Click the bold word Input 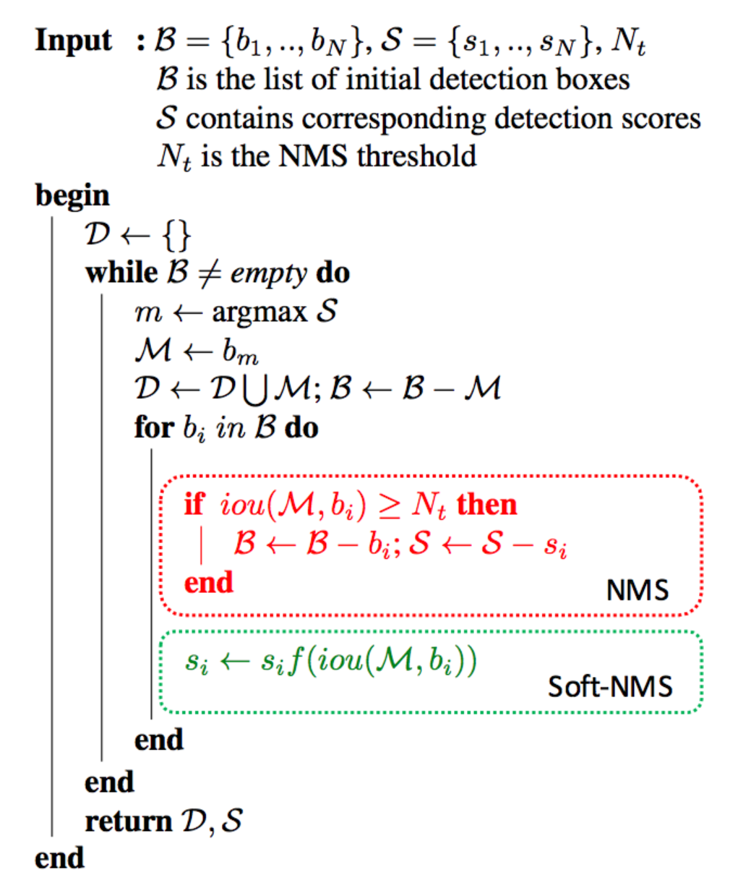coord(74,40)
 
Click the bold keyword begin coord(72,196)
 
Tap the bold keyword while coord(121,273)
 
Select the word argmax coord(259,312)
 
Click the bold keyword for coord(153,427)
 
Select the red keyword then coord(486,504)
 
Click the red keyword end coord(209,582)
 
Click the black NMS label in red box coord(637,590)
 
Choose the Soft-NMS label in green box coord(610,686)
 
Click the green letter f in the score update coord(294,662)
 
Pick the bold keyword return coord(128,821)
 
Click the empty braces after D coord(177,235)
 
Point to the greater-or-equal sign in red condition coord(389,505)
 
